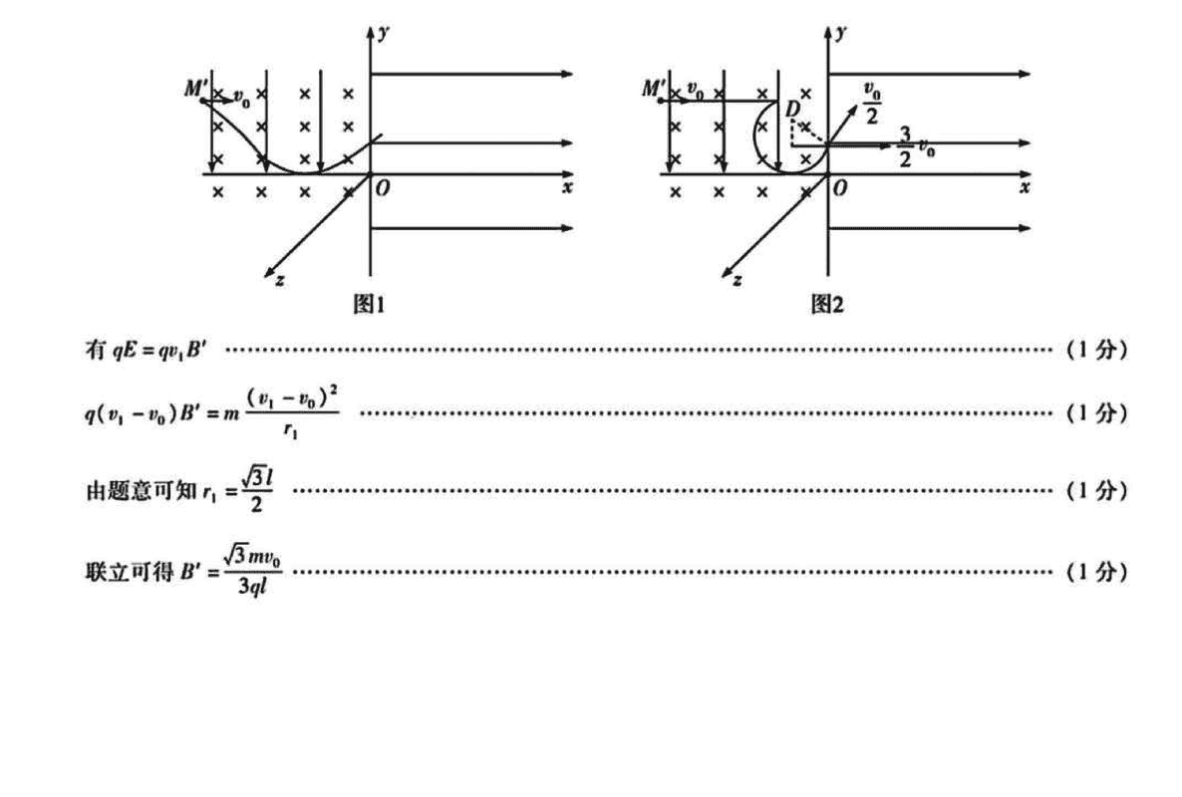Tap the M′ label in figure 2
(654, 89)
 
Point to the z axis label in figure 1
(279, 281)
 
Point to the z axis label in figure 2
(737, 281)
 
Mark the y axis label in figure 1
(384, 33)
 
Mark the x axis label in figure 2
(1024, 187)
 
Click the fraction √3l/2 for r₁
(256, 491)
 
